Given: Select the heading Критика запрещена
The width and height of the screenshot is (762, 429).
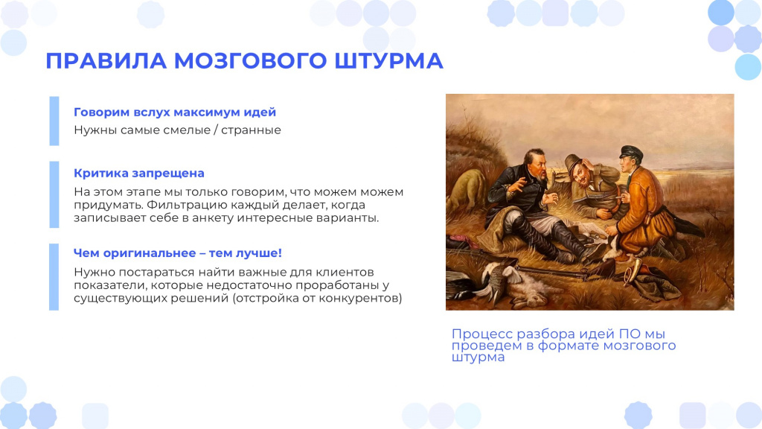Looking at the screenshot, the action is click(x=139, y=173).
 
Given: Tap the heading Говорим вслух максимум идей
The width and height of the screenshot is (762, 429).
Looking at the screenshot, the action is click(x=175, y=112).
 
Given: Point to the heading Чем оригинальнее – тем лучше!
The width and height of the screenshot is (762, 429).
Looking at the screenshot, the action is click(x=178, y=253).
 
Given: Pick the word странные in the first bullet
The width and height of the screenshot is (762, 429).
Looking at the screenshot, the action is click(x=252, y=130).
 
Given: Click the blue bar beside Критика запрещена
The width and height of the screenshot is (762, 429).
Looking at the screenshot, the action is click(x=54, y=194).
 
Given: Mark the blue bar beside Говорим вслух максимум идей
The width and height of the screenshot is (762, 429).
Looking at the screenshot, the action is click(x=54, y=121).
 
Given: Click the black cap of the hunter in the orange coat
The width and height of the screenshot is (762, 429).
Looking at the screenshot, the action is click(x=631, y=153).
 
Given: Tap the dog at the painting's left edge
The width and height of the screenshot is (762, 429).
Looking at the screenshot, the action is click(x=467, y=191).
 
